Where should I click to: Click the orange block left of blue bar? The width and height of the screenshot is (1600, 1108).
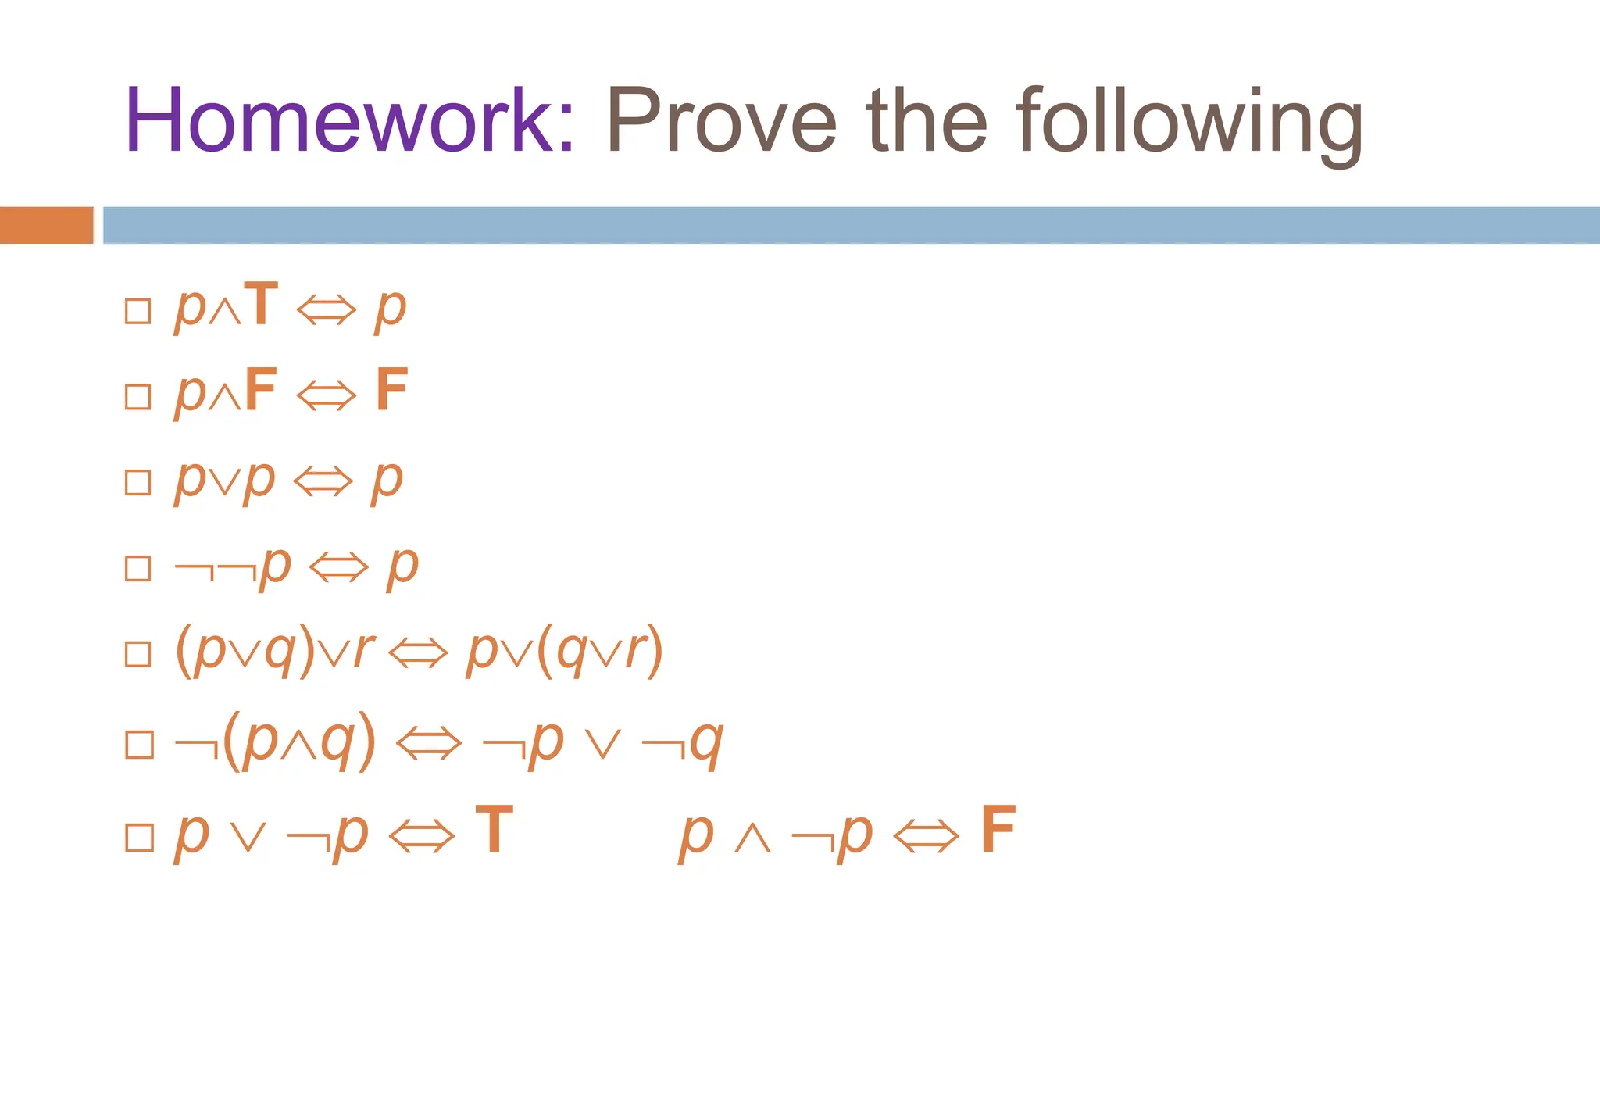[46, 225]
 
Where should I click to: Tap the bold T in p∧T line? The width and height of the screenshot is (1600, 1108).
[261, 304]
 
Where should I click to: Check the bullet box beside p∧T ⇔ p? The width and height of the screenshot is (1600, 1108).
[138, 311]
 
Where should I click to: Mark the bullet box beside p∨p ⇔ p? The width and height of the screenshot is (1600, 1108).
[138, 482]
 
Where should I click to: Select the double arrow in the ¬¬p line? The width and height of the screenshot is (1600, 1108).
[338, 567]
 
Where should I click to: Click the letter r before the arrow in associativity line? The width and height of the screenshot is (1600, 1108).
[363, 649]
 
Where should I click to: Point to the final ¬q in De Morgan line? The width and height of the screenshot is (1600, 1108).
[683, 742]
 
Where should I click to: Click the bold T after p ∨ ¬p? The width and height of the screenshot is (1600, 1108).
[494, 830]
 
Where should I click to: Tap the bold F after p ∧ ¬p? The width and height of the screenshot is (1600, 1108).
[998, 830]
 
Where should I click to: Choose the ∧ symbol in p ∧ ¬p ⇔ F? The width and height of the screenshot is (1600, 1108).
[753, 838]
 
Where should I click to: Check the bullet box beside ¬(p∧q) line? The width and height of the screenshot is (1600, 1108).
[139, 744]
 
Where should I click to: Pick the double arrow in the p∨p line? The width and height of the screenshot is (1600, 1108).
[323, 481]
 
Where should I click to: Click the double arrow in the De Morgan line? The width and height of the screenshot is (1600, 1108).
[429, 743]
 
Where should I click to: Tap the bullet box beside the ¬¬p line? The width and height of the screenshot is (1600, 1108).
[138, 568]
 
